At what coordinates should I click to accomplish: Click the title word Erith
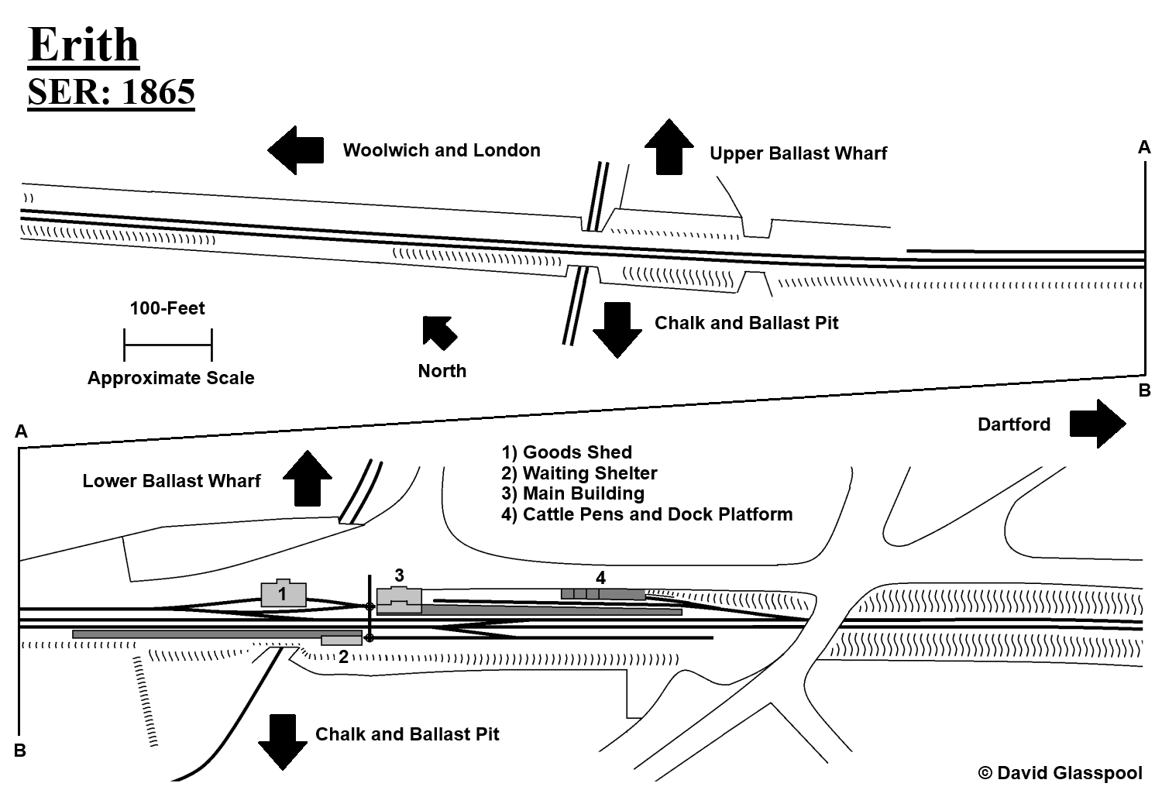(84, 46)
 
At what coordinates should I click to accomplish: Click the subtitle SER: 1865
(111, 92)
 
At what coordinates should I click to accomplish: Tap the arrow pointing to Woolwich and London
(295, 150)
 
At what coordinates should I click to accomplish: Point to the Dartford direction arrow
(1097, 424)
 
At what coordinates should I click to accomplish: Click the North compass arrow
(439, 332)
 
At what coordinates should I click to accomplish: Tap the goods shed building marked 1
(283, 593)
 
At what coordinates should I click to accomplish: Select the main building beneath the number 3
(399, 599)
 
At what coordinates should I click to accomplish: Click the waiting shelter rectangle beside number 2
(342, 640)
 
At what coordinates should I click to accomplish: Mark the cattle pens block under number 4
(603, 594)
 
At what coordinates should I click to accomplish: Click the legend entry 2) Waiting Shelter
(579, 472)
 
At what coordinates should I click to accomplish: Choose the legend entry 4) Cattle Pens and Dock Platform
(647, 514)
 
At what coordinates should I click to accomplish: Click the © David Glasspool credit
(1060, 773)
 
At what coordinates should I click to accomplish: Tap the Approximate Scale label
(170, 378)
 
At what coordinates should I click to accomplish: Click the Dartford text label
(1013, 424)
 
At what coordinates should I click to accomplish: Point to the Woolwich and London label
(442, 150)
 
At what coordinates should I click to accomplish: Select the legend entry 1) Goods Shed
(566, 452)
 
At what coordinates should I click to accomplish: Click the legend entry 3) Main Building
(572, 493)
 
